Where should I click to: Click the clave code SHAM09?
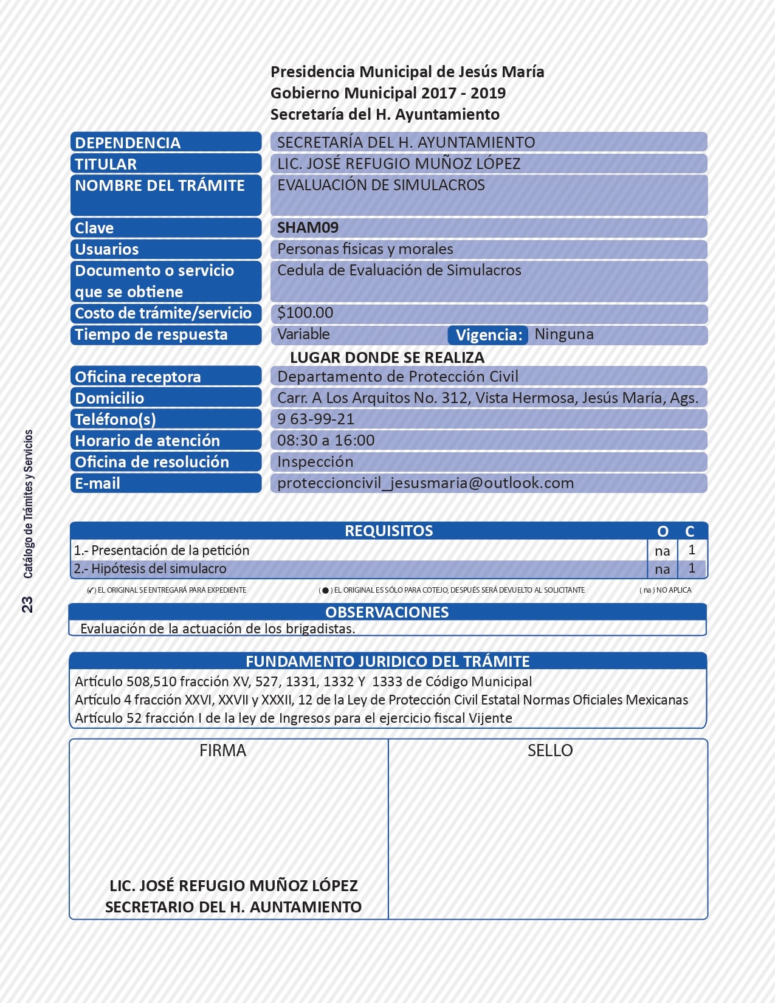308,228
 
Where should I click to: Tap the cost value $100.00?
305,313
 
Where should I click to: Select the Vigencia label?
489,335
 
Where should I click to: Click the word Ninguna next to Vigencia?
564,334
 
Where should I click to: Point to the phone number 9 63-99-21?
315,419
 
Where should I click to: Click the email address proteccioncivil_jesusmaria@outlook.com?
425,483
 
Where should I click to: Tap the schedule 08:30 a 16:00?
326,441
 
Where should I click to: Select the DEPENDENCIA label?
128,143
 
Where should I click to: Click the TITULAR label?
106,164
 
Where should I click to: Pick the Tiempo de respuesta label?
151,335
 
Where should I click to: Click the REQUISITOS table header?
389,531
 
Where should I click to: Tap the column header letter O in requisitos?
663,531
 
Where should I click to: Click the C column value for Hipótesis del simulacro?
692,568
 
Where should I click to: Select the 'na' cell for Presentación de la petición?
662,551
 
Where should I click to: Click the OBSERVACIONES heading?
387,612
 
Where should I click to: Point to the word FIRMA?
222,751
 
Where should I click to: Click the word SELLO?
550,751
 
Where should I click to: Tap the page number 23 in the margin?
27,604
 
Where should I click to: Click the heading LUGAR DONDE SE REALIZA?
387,357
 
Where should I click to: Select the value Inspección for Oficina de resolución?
315,462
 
